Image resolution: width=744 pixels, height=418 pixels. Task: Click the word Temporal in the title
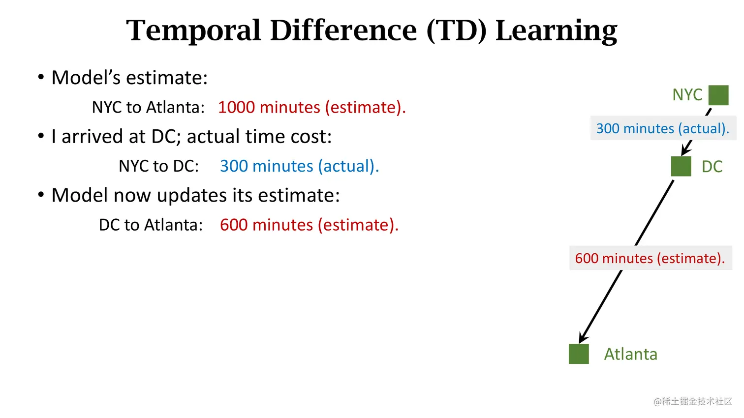193,31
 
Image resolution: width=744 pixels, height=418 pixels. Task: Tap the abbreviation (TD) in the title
456,30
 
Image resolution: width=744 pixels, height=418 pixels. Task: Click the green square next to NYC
718,95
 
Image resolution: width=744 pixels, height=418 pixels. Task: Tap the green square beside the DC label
681,166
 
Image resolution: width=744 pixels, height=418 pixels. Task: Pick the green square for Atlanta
579,354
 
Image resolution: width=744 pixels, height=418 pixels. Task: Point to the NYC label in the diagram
687,95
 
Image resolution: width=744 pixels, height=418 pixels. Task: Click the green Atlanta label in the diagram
630,354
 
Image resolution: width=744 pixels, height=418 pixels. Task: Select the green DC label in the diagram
712,167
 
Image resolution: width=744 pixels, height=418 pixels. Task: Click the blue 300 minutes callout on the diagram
663,128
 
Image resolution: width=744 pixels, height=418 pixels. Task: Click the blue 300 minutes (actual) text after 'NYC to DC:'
299,166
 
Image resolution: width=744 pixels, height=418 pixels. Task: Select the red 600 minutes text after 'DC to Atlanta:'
309,225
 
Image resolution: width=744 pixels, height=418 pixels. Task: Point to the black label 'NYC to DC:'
159,166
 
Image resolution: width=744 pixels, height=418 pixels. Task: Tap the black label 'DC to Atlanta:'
151,225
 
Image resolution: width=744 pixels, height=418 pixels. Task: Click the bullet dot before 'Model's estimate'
41,77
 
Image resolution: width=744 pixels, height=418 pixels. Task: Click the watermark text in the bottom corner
693,401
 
